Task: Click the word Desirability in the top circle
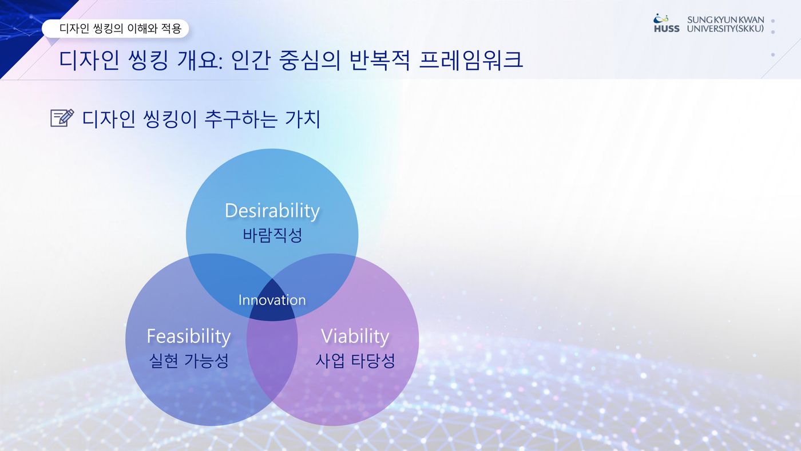[272, 211]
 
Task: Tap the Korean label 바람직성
[272, 235]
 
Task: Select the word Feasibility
[189, 337]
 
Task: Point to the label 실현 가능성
[189, 361]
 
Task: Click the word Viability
[355, 337]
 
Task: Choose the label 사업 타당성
[355, 361]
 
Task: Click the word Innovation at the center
[272, 300]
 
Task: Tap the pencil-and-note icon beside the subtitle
[62, 118]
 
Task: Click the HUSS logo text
[667, 29]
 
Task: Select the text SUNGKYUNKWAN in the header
[725, 19]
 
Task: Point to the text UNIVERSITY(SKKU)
[725, 29]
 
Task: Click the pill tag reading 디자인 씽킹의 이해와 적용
[115, 29]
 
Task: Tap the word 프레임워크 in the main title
[471, 60]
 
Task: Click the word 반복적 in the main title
[379, 60]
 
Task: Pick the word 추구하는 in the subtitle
[241, 118]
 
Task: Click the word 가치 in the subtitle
[303, 118]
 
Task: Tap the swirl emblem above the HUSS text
[661, 18]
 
